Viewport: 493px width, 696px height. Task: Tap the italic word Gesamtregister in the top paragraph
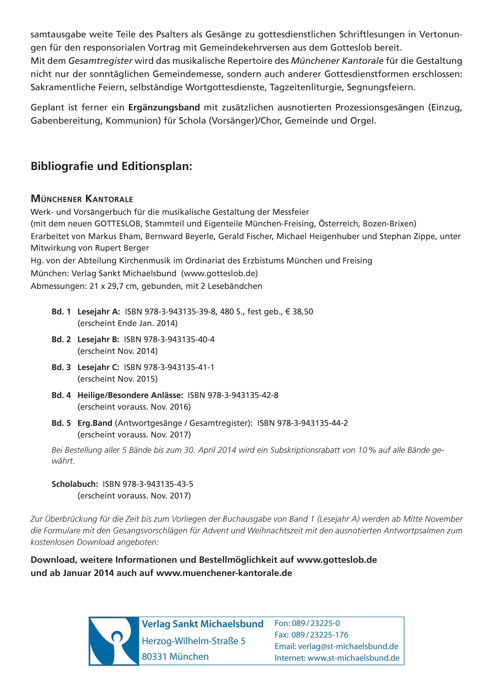coord(100,61)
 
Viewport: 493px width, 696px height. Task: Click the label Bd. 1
coord(61,312)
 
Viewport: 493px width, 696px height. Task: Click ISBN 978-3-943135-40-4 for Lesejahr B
coord(169,340)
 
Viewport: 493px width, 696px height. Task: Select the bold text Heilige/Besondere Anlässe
coord(130,395)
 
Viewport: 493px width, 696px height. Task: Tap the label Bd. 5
coord(61,423)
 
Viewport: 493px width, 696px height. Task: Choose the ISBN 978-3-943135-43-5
coord(148,484)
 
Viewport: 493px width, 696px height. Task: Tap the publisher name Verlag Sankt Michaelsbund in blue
coord(202,624)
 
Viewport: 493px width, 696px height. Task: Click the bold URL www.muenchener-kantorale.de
coord(224,573)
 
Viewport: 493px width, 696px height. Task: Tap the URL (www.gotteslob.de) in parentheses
coord(219,273)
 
